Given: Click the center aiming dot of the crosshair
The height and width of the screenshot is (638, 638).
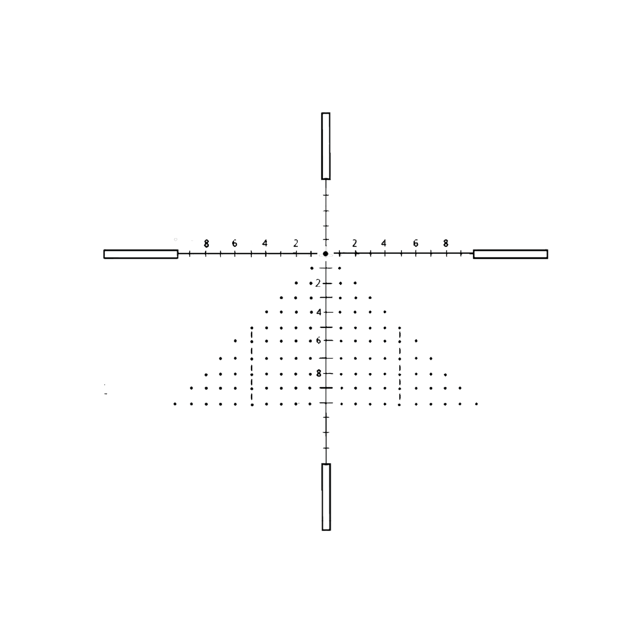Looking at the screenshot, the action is pyautogui.click(x=325, y=253).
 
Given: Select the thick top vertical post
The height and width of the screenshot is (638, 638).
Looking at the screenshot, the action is pyautogui.click(x=326, y=146).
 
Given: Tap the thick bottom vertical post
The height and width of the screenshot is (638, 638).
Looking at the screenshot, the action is pyautogui.click(x=326, y=497).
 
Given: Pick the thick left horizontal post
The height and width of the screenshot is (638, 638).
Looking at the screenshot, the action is pyautogui.click(x=141, y=254).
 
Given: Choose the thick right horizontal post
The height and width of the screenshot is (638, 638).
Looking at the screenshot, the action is pyautogui.click(x=510, y=254).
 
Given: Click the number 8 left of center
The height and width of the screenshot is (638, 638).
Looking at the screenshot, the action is pyautogui.click(x=206, y=244).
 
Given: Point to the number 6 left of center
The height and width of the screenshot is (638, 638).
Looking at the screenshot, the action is pyautogui.click(x=234, y=244).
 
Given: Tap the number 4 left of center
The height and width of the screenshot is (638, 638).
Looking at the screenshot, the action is pyautogui.click(x=264, y=243).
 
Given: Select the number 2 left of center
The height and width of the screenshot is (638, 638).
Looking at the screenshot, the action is pyautogui.click(x=296, y=244).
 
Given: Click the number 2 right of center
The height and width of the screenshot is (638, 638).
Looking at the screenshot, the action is pyautogui.click(x=355, y=244).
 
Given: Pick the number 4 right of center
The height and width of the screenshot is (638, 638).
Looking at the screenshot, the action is pyautogui.click(x=383, y=243).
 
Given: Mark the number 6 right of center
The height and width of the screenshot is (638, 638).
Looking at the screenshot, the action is pyautogui.click(x=415, y=243).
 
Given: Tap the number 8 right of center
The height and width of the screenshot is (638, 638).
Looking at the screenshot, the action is pyautogui.click(x=445, y=243).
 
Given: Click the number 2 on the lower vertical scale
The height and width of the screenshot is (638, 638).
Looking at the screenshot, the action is pyautogui.click(x=318, y=283).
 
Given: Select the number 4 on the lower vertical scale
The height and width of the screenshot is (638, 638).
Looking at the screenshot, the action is pyautogui.click(x=319, y=312).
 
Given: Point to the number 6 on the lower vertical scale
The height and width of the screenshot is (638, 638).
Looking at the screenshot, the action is pyautogui.click(x=318, y=340).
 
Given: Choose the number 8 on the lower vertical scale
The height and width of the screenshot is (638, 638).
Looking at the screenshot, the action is pyautogui.click(x=318, y=374).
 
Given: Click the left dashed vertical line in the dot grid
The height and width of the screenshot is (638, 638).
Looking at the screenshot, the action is pyautogui.click(x=252, y=366).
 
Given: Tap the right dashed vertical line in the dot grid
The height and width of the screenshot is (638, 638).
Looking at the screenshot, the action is pyautogui.click(x=400, y=366).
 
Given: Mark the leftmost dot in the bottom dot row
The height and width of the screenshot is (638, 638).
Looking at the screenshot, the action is pyautogui.click(x=175, y=404).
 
